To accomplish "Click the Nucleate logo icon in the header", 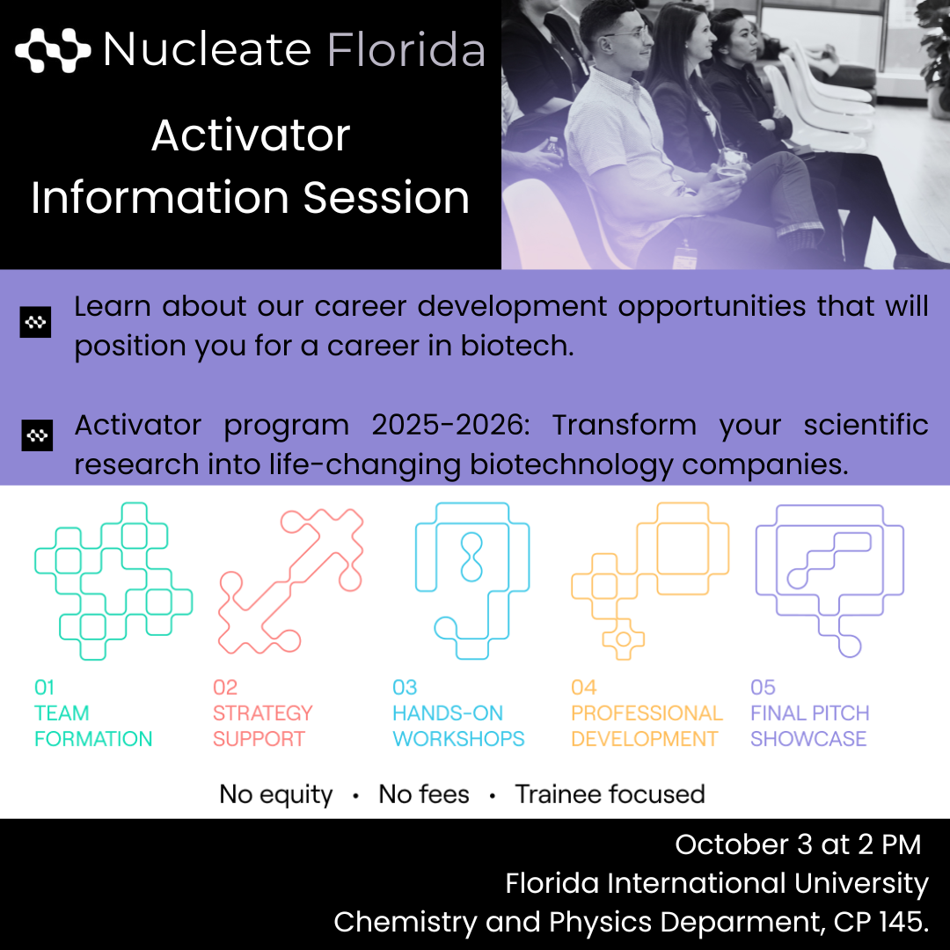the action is click(x=53, y=49).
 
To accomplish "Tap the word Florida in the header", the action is click(x=406, y=49).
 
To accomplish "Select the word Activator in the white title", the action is click(x=251, y=135).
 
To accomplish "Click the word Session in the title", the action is click(x=386, y=198).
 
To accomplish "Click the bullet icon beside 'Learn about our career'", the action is click(x=35, y=322).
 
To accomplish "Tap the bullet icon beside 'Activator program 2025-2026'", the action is click(x=37, y=435).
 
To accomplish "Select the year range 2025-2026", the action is click(x=450, y=425).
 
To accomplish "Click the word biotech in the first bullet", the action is click(x=517, y=346).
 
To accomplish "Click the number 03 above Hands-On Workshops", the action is click(x=405, y=688).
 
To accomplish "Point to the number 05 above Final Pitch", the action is click(x=763, y=688).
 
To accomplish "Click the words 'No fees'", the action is click(x=423, y=794).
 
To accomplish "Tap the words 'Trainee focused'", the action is click(x=610, y=794).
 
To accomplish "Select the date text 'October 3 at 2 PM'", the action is click(x=798, y=844).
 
